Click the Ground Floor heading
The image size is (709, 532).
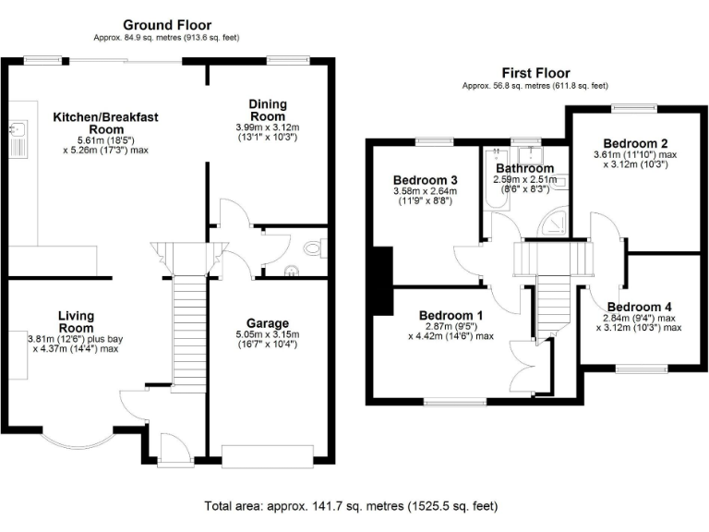[167, 25]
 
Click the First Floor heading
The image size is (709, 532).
[535, 72]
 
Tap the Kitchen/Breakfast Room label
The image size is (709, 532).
[106, 124]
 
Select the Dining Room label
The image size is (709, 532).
[268, 110]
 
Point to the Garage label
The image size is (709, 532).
[268, 322]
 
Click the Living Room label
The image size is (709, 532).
[76, 321]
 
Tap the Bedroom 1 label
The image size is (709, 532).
[451, 313]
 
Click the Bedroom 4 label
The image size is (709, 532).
[639, 307]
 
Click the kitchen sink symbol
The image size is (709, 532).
[16, 139]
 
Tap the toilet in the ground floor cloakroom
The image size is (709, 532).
[313, 248]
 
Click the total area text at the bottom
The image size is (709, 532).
[351, 506]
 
